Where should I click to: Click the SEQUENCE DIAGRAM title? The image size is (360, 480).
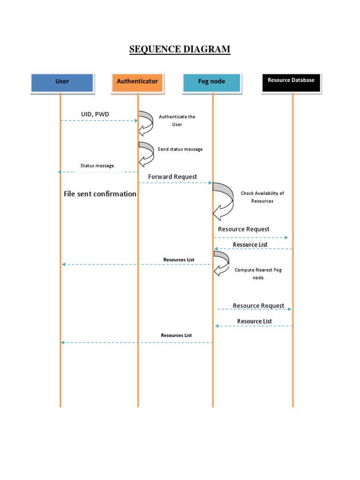(x=180, y=49)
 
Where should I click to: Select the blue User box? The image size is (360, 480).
(x=62, y=82)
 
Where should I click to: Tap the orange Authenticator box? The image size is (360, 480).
(x=137, y=82)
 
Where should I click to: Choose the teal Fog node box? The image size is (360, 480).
(x=212, y=82)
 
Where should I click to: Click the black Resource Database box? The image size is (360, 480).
(x=291, y=81)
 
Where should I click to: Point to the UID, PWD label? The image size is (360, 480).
(x=95, y=114)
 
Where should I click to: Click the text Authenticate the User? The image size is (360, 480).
(x=177, y=120)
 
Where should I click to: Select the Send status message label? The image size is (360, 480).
(x=180, y=149)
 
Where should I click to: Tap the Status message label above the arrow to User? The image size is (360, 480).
(x=97, y=165)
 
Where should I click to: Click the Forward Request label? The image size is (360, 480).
(x=172, y=177)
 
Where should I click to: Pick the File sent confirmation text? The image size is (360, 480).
(x=100, y=194)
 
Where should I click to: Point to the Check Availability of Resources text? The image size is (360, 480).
(x=262, y=197)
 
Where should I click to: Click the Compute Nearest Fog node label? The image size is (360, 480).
(x=258, y=274)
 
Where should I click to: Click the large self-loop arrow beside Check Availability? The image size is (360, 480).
(x=224, y=201)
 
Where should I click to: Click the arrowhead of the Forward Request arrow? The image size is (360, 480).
(x=211, y=183)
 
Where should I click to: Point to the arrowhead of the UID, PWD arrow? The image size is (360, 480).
(x=136, y=121)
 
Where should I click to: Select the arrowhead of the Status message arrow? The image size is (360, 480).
(x=60, y=172)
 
